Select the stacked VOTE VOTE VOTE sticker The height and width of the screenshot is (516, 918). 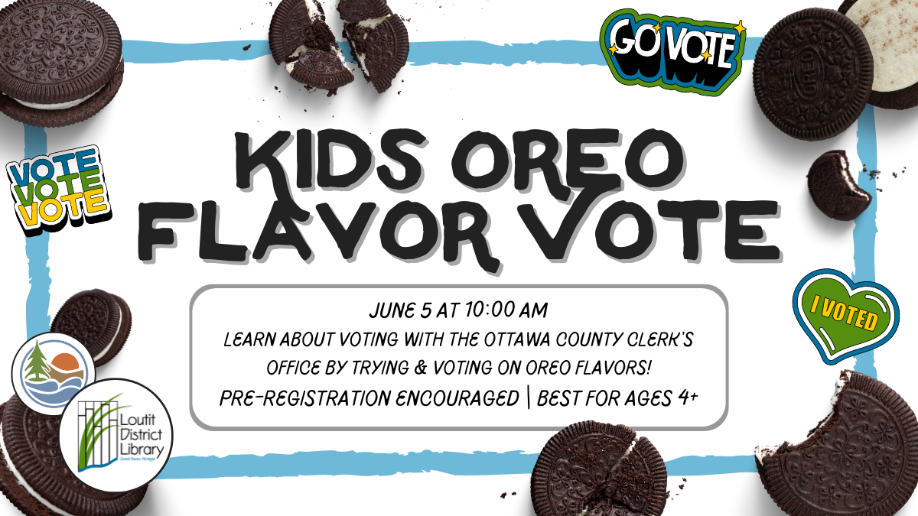pyautogui.click(x=58, y=190)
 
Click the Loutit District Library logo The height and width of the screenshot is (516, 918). pyautogui.click(x=116, y=435)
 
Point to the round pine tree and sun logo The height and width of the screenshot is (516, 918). pyautogui.click(x=54, y=374)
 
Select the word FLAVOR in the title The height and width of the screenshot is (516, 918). pyautogui.click(x=317, y=232)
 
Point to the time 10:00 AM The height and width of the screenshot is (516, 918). pyautogui.click(x=506, y=310)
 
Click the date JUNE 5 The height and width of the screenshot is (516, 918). pyautogui.click(x=400, y=311)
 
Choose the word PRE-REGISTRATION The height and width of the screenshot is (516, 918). pyautogui.click(x=369, y=398)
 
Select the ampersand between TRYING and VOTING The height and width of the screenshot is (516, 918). pyautogui.click(x=422, y=368)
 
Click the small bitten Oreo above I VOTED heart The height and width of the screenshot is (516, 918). pyautogui.click(x=839, y=185)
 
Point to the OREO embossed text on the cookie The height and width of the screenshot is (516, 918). pyautogui.click(x=806, y=73)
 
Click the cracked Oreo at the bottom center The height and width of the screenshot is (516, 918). pyautogui.click(x=601, y=469)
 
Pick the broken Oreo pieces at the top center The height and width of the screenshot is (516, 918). pyautogui.click(x=338, y=44)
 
